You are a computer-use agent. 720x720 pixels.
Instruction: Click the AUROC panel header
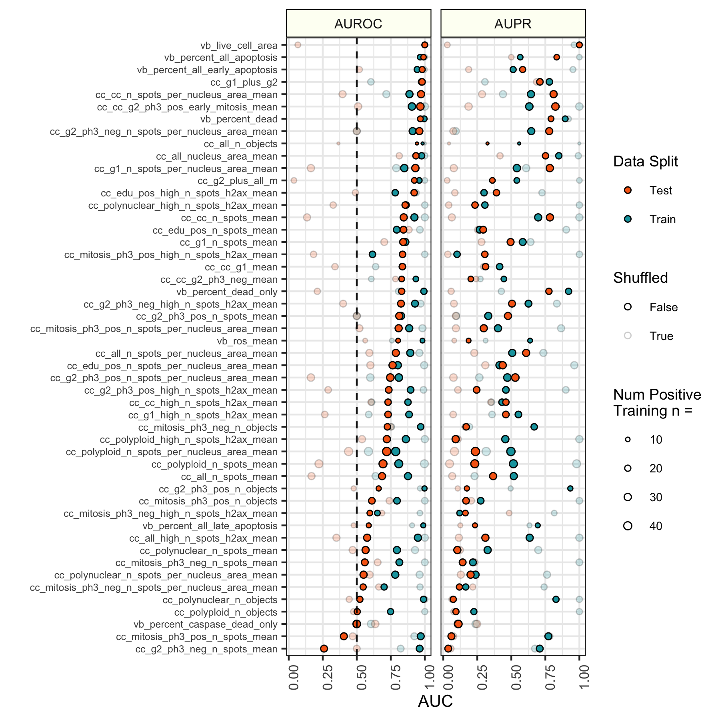358,24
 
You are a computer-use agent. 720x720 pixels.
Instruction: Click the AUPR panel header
513,24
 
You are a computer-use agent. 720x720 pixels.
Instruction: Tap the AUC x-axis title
435,701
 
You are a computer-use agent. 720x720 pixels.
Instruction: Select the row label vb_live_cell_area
239,46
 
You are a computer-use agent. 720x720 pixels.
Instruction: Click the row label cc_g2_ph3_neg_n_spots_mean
206,649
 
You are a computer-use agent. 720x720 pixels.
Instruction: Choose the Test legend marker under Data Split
628,190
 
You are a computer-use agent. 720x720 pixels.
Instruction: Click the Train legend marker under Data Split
628,219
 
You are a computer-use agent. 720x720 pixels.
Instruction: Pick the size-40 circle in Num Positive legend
628,526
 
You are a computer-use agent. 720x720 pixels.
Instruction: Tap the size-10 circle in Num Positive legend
628,440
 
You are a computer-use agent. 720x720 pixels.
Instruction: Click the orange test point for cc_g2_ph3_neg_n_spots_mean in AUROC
324,648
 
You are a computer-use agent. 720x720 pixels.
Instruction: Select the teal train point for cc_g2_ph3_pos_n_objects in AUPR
570,488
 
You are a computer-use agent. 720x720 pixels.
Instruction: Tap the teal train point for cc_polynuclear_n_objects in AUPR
556,599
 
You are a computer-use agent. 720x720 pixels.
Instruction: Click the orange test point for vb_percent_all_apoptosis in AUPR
556,57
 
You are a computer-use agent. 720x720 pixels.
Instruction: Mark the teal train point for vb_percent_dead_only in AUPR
568,291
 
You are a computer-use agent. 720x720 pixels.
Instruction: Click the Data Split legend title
646,162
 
